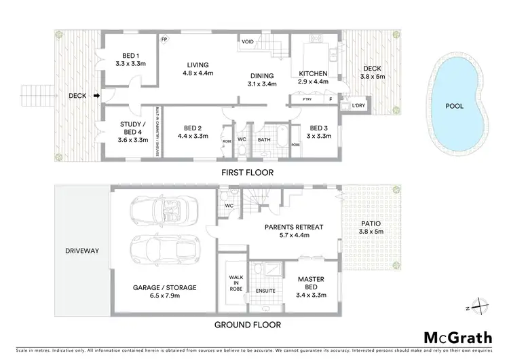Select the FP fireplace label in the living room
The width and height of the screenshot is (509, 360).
click(x=164, y=39)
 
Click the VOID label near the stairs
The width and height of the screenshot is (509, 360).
click(x=248, y=42)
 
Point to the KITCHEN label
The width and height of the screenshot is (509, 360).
click(x=313, y=73)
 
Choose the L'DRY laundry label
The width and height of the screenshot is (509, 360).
click(x=357, y=105)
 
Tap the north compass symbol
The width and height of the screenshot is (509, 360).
click(x=479, y=306)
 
